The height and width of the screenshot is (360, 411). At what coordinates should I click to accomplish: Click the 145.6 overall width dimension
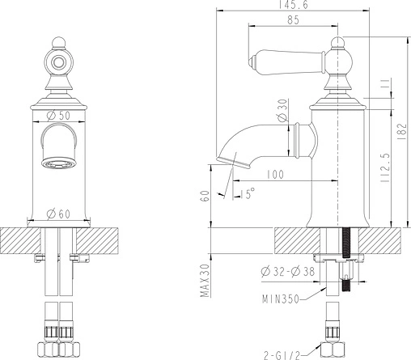(x=294, y=5)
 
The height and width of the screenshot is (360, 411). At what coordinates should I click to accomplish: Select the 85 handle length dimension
(x=293, y=20)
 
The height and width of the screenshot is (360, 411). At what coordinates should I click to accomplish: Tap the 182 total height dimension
(x=402, y=131)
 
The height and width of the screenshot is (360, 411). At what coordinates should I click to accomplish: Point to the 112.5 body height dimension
(x=385, y=168)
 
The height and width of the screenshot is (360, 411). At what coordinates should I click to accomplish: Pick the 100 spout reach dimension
(x=275, y=175)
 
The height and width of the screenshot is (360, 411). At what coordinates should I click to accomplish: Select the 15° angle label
(x=248, y=193)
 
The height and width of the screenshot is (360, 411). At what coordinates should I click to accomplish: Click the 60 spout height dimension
(x=205, y=196)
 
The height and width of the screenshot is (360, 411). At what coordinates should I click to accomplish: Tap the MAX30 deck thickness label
(x=205, y=281)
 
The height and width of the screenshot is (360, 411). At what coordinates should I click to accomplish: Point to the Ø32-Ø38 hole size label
(x=288, y=271)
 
